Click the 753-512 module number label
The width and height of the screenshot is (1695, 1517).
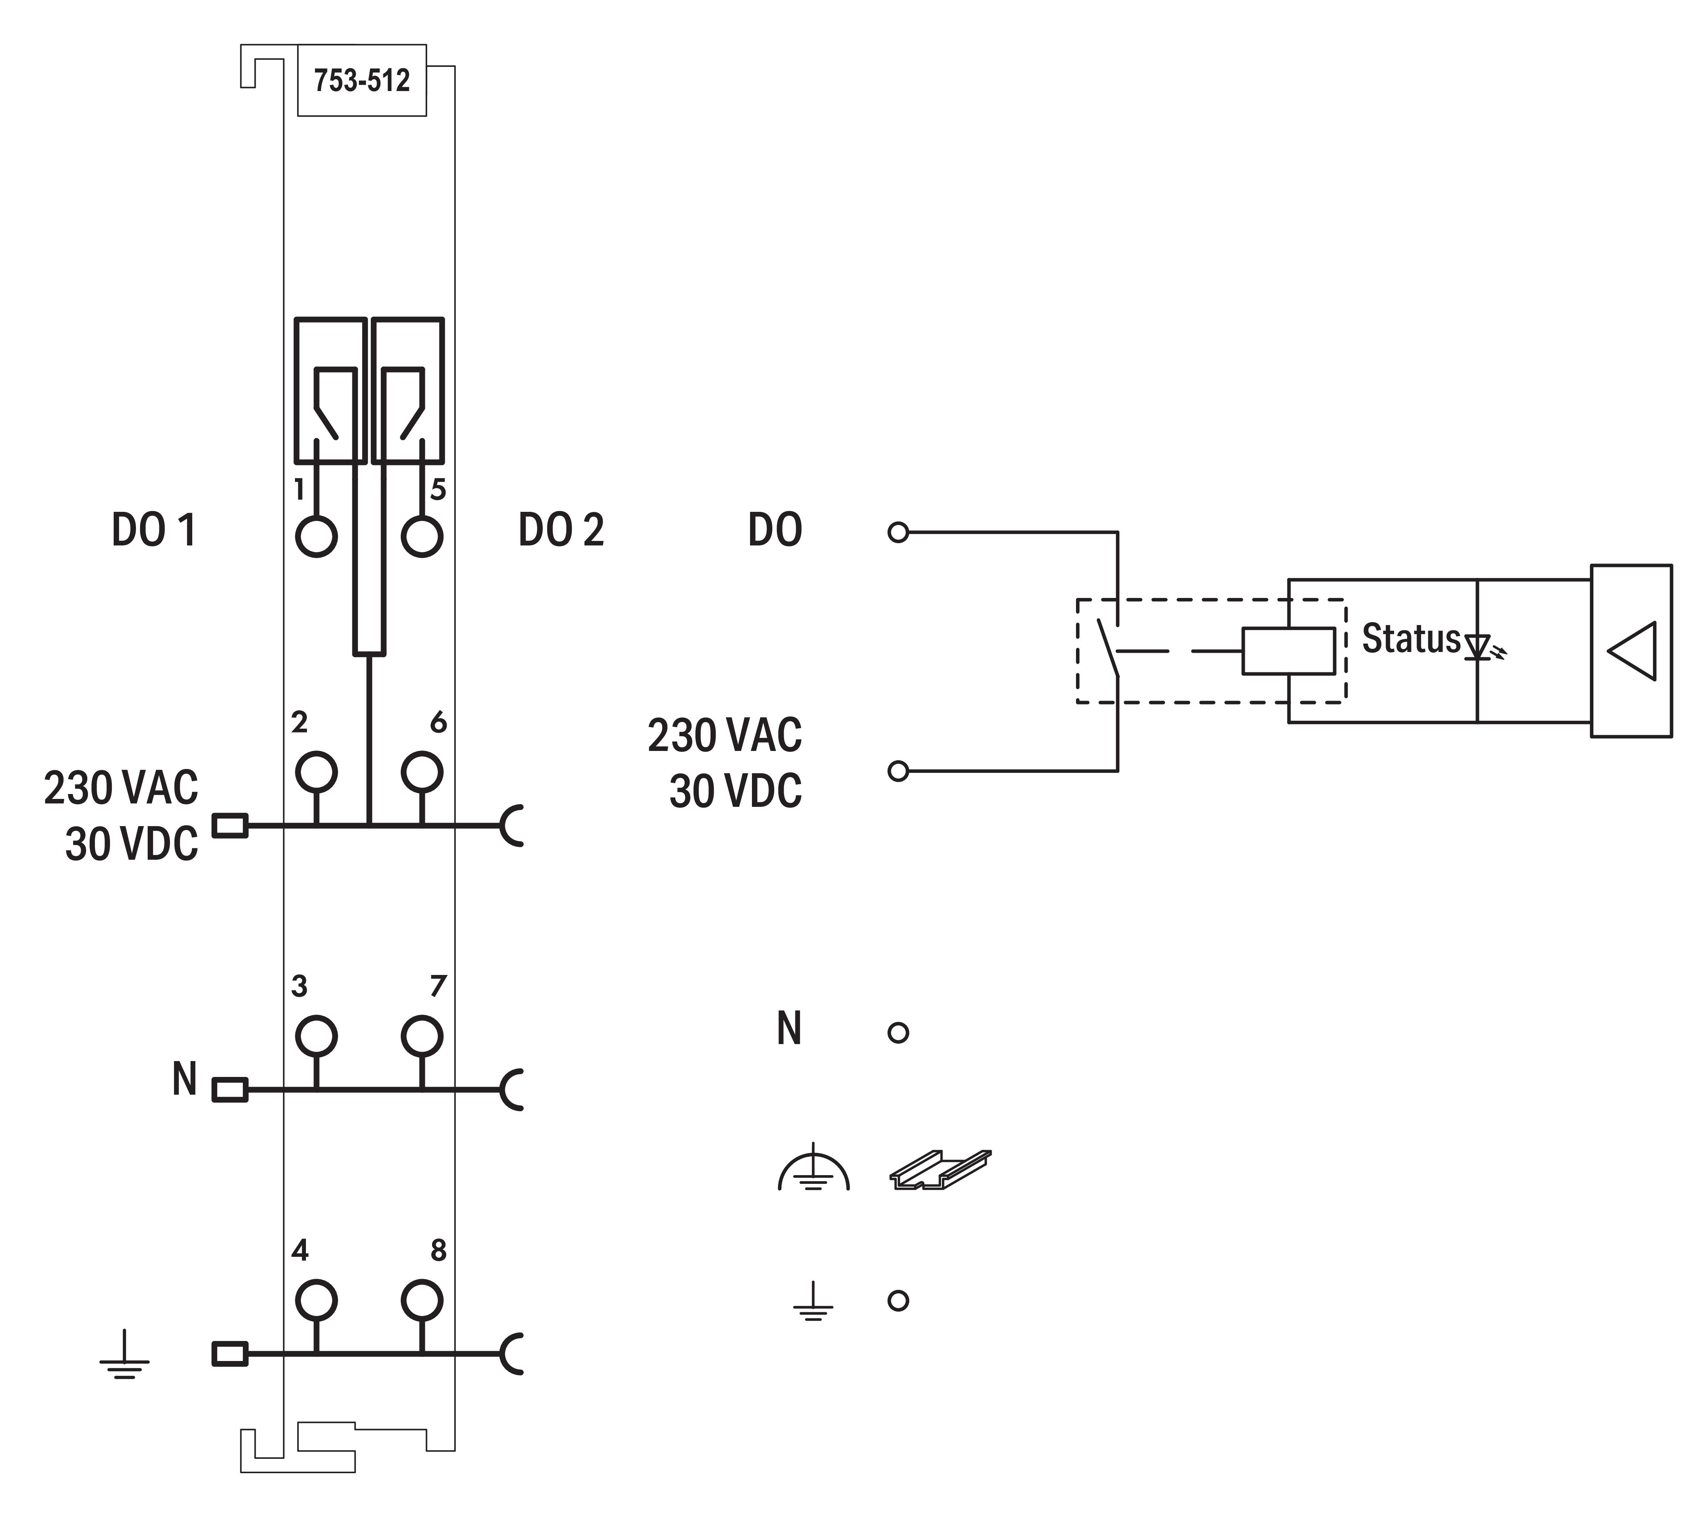(362, 81)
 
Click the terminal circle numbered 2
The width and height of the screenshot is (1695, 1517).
(316, 772)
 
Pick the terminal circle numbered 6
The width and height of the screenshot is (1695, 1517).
(421, 772)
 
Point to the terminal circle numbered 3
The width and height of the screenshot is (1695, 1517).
(316, 1036)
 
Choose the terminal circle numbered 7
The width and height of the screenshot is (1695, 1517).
(421, 1036)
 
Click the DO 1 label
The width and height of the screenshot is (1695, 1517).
(154, 530)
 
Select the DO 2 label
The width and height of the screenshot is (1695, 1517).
(561, 530)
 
